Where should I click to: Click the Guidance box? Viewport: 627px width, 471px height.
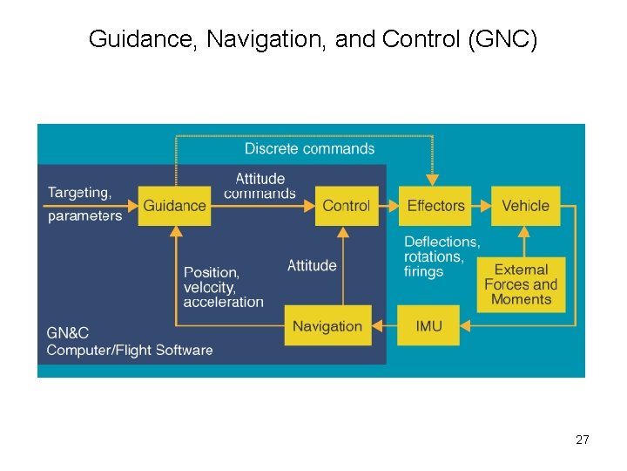(175, 206)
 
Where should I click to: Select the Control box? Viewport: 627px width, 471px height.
(346, 206)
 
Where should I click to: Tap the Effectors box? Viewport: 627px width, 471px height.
(435, 206)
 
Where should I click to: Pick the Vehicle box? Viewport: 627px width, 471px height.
(525, 206)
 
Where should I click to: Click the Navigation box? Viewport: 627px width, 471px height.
(327, 326)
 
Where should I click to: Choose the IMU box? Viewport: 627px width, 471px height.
(428, 326)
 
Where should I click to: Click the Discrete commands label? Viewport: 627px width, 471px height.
(309, 148)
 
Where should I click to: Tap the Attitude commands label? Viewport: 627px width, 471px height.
(260, 186)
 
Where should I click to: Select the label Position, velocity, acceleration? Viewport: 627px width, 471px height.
(223, 287)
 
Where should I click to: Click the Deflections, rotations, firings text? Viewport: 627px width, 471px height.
(442, 256)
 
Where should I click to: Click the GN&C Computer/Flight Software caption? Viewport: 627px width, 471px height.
(130, 341)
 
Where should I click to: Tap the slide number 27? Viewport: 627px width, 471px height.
(582, 440)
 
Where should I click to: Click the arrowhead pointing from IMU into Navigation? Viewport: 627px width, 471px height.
(378, 326)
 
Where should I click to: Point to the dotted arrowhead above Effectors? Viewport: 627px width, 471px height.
(433, 181)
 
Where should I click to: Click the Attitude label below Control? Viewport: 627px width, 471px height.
(312, 265)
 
